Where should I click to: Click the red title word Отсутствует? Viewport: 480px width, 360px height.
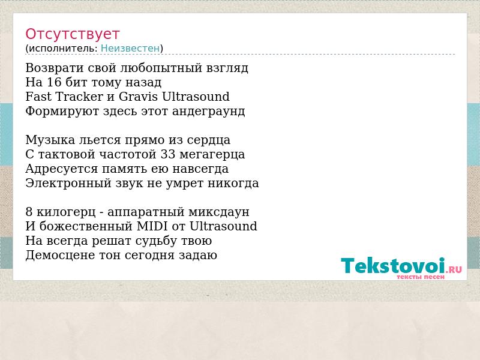(x=72, y=34)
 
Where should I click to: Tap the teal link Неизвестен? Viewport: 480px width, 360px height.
(x=130, y=49)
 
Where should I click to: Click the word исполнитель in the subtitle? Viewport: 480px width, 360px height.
(x=63, y=49)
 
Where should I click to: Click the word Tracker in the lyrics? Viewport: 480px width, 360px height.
(x=79, y=97)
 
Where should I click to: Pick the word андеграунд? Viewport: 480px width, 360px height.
(x=208, y=111)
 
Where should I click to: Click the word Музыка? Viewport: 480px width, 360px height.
(x=50, y=140)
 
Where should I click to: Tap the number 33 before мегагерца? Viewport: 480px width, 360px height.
(x=168, y=154)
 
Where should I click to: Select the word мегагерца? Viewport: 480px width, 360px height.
(x=212, y=155)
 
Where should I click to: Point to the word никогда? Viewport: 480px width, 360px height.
(x=233, y=184)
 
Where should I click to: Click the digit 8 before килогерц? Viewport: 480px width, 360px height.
(x=29, y=212)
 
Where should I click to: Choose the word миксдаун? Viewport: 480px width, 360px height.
(x=219, y=212)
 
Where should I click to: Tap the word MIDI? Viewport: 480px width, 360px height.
(x=152, y=226)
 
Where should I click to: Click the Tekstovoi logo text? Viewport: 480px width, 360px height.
(x=393, y=265)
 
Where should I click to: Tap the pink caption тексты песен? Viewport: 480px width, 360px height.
(x=421, y=277)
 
